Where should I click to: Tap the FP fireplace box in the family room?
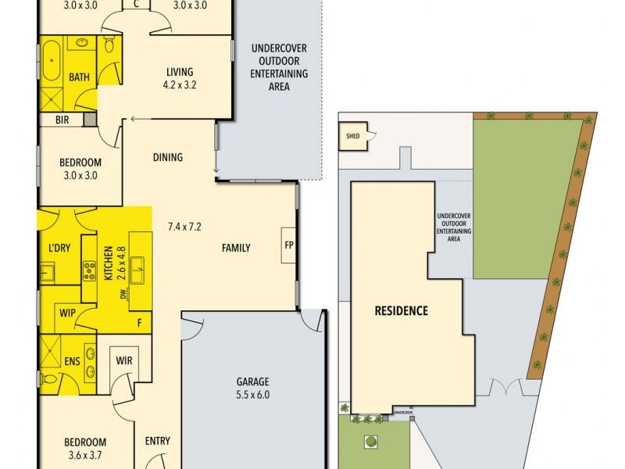coord(288,245)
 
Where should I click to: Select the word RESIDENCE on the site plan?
coord(402,310)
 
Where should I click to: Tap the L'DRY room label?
coord(59,248)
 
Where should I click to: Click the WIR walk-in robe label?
coord(123,361)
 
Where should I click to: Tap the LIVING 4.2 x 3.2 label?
coord(178,77)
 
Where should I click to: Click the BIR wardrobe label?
coord(62,121)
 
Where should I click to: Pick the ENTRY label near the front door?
coord(158,441)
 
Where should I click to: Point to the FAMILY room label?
coord(236,248)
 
